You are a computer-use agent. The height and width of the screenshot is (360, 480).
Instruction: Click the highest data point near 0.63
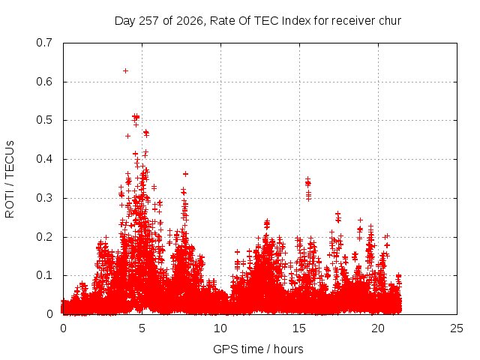(125, 71)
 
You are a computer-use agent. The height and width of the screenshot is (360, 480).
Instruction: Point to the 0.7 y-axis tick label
(44, 43)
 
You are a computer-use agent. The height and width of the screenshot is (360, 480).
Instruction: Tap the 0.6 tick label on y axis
(44, 82)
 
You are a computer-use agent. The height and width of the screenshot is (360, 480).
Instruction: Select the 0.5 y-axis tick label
(44, 120)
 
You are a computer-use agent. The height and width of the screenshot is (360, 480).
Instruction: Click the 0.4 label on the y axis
(44, 159)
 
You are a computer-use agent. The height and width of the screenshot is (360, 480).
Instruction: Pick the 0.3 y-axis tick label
(44, 198)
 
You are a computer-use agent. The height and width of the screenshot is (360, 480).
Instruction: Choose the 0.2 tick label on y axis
(44, 237)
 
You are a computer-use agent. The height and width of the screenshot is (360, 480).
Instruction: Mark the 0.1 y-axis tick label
(44, 275)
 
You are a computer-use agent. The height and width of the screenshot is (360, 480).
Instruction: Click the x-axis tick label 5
(142, 328)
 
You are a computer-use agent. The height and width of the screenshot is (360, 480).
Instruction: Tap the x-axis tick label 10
(220, 328)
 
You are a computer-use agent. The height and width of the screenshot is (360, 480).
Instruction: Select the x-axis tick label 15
(299, 328)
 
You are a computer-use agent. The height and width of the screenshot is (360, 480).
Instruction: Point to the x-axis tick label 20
(378, 328)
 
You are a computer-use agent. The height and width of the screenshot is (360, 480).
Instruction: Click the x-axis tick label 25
(457, 328)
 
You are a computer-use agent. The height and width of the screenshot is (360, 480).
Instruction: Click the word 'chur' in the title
(390, 21)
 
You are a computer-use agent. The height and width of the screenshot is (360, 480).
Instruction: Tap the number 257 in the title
(148, 21)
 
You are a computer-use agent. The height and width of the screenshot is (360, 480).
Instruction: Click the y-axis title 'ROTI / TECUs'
(10, 179)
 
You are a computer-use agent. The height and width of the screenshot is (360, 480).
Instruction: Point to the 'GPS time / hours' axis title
(258, 349)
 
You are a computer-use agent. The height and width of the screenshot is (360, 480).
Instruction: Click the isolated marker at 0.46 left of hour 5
(128, 136)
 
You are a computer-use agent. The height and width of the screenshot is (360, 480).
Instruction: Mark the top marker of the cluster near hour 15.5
(308, 178)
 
